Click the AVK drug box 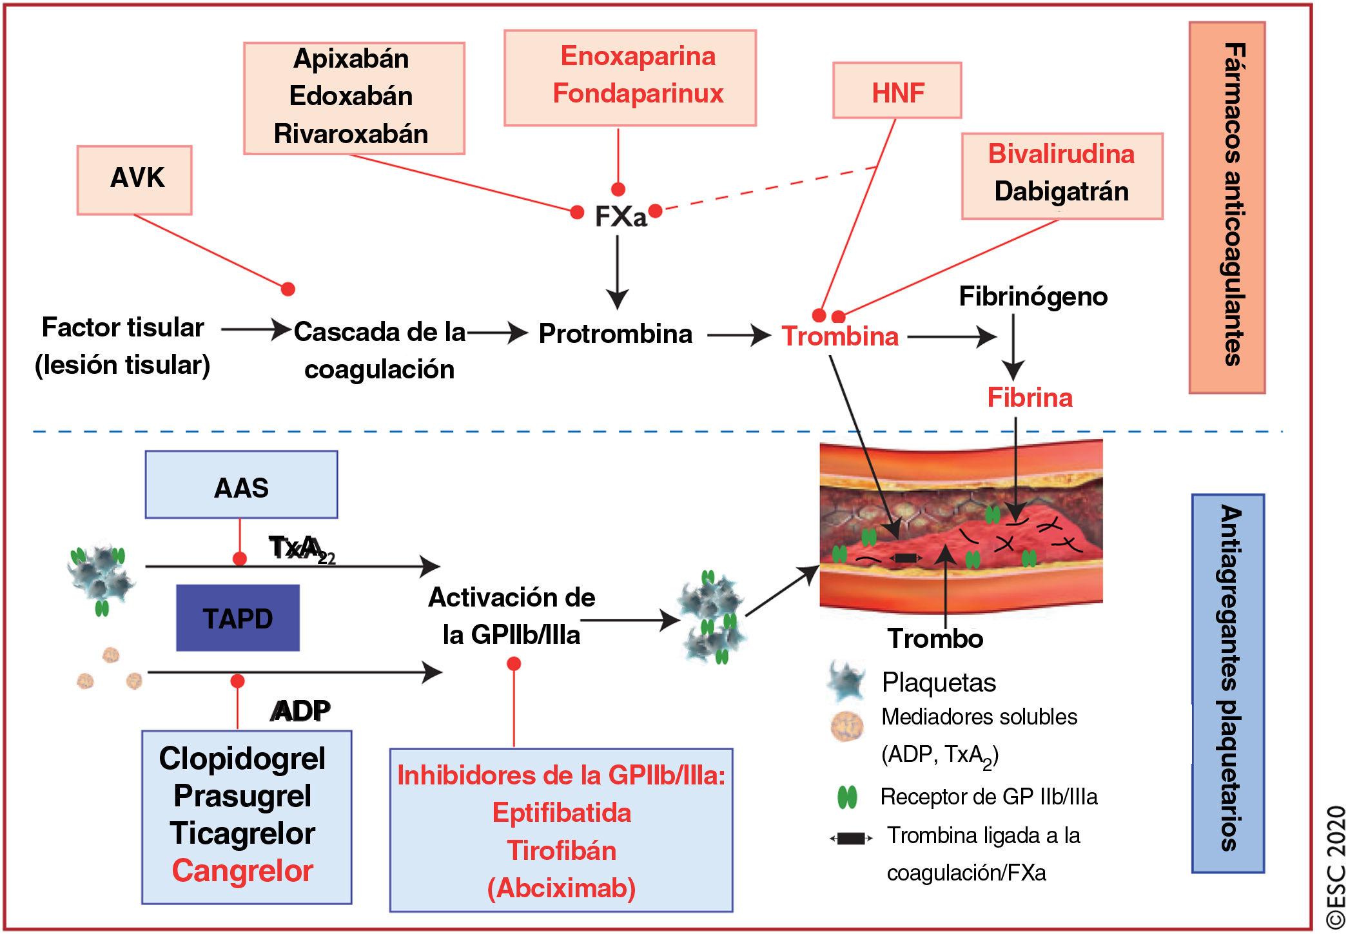pos(134,179)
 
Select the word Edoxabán pos(351,96)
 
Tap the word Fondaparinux pos(638,93)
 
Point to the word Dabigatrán pos(1061,191)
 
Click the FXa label pos(620,217)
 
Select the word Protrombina pos(615,334)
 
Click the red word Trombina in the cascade pos(839,336)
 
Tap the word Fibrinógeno pos(1033,297)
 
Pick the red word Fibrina pos(1030,398)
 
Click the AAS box pos(241,485)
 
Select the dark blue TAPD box pos(238,618)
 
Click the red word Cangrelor pos(242,871)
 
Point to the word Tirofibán pos(562,851)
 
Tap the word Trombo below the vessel pos(935,639)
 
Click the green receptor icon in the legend pos(846,798)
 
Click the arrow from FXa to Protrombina pos(618,271)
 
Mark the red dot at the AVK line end pos(288,289)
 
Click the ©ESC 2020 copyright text pos(1335,864)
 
